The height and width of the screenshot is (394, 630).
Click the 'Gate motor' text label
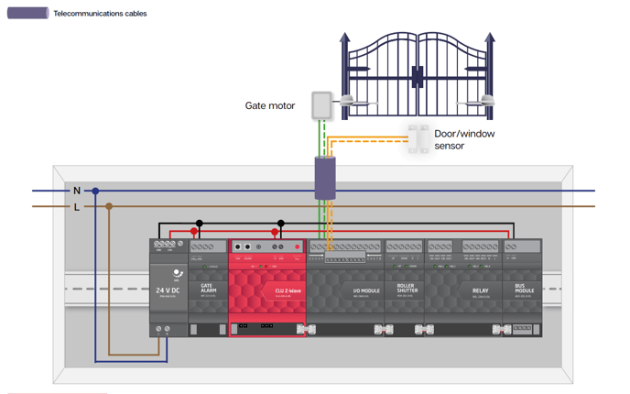point(269,106)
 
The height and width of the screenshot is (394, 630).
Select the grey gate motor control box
point(320,105)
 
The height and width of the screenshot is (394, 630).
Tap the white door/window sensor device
point(418,138)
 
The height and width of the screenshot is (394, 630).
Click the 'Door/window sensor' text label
point(463,139)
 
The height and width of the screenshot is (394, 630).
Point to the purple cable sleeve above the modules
point(325,178)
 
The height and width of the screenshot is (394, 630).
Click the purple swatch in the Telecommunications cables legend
point(27,14)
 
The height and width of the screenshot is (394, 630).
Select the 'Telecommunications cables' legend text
point(100,14)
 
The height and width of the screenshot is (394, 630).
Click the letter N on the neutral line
point(77,191)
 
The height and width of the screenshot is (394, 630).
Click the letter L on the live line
point(77,207)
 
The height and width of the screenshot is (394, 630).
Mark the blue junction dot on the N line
point(95,191)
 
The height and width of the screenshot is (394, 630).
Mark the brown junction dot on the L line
point(109,206)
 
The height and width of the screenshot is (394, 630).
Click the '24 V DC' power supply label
point(168,290)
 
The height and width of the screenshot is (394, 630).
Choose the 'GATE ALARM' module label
point(208,289)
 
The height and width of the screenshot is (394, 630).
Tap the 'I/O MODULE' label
point(365,290)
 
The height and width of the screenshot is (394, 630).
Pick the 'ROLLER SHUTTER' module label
point(407,289)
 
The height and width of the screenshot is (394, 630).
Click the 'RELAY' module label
point(480,290)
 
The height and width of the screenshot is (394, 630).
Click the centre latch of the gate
point(417,78)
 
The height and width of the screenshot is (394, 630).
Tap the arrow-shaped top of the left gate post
point(345,39)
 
